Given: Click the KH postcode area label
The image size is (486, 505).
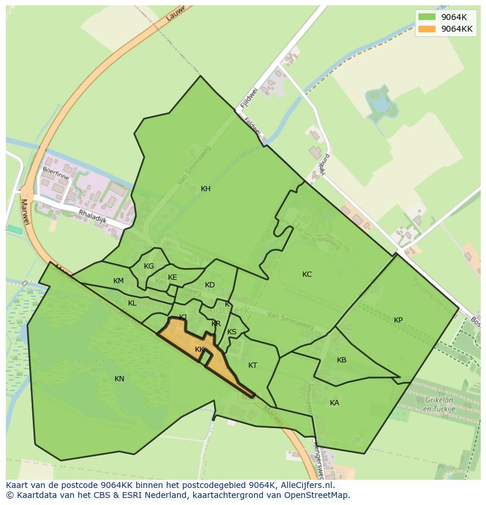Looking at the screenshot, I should (x=205, y=189).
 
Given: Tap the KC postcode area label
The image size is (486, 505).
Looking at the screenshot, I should (x=307, y=274).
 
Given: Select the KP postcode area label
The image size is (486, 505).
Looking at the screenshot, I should (x=398, y=320).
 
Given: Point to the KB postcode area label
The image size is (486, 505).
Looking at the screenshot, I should (x=342, y=360).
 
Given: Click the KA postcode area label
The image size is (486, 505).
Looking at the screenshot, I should (x=335, y=403).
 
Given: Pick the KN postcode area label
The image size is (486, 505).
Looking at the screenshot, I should (x=119, y=379).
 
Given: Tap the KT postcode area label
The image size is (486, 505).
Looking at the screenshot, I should (x=252, y=365).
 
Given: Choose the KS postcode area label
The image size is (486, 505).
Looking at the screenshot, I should (x=232, y=332).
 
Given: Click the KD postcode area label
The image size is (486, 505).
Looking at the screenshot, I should (x=210, y=285).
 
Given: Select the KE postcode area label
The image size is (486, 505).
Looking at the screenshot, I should (x=172, y=277).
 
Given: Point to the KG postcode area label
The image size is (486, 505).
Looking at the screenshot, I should (x=148, y=266).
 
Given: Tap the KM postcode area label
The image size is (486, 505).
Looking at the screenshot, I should (x=119, y=281).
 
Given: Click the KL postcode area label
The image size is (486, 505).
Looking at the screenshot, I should (x=132, y=303).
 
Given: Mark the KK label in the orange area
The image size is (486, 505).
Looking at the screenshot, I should (x=200, y=350).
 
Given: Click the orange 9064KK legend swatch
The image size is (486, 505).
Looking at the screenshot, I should (x=427, y=29).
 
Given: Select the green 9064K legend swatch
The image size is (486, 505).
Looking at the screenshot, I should (x=427, y=17).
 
